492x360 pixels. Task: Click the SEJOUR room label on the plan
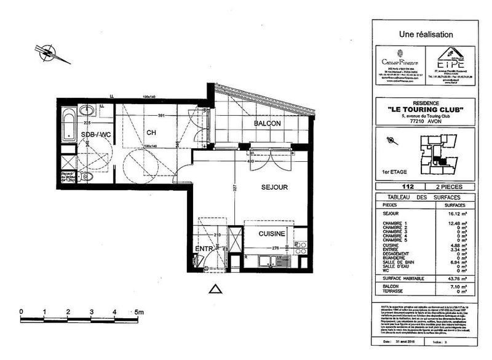274,186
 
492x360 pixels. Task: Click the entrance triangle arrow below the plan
215,288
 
